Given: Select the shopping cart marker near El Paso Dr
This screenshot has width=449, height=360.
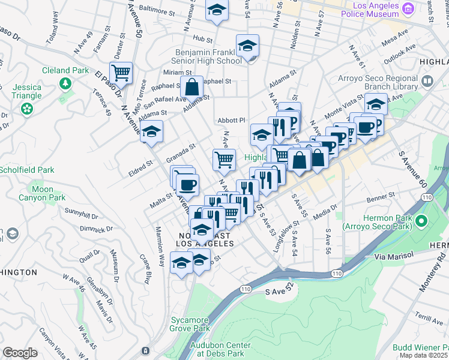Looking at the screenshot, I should click(121, 74).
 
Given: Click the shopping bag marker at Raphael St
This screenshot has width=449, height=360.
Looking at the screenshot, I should click(192, 87).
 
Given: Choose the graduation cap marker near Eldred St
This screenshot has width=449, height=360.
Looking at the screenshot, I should click(151, 131).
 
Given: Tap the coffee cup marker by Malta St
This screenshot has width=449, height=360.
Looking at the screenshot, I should click(187, 185).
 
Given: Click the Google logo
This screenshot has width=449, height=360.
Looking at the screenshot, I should click(20, 353).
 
